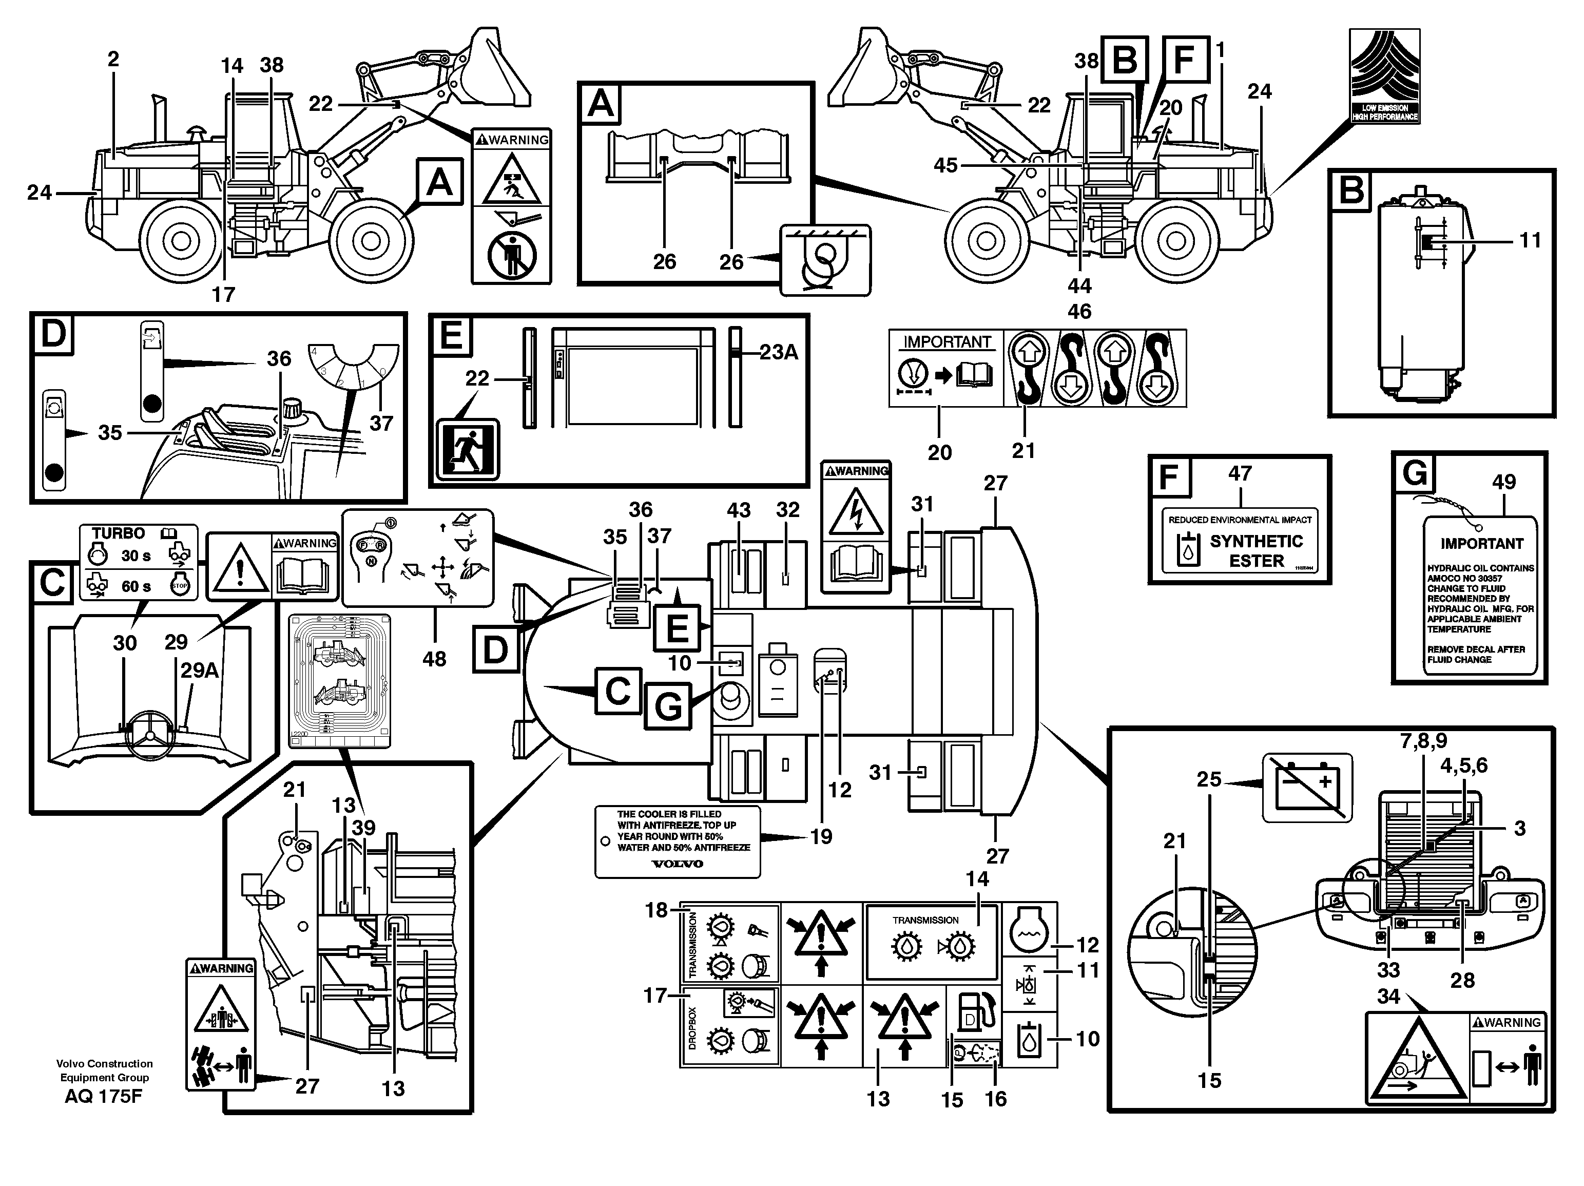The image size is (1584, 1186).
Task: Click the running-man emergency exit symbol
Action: point(468,450)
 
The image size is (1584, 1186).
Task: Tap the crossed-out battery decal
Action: point(1306,788)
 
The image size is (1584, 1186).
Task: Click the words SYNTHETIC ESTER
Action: point(1256,551)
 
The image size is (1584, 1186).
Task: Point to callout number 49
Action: point(1504,482)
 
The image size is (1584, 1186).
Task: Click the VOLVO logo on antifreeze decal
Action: point(677,863)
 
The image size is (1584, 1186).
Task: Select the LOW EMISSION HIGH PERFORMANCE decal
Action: point(1384,75)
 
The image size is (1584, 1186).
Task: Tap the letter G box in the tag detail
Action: point(1414,473)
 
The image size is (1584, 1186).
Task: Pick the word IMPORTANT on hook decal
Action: point(946,342)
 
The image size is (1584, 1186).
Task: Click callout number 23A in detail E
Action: point(778,352)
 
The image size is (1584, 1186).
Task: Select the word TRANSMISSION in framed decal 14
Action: point(925,920)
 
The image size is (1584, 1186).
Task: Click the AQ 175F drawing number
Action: point(103,1096)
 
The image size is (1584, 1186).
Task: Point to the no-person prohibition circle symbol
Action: point(511,256)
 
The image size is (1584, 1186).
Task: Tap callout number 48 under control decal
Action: point(434,659)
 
